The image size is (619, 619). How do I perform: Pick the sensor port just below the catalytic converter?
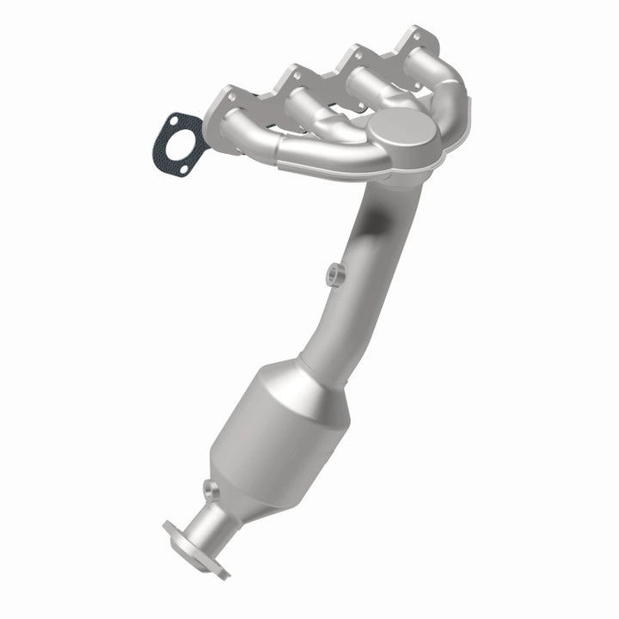(x=209, y=490)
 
